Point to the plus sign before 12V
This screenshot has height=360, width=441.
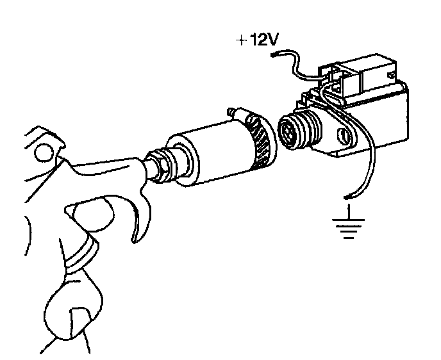[240, 41]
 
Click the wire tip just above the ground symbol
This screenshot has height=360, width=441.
[347, 195]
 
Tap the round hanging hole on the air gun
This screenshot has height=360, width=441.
[43, 152]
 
